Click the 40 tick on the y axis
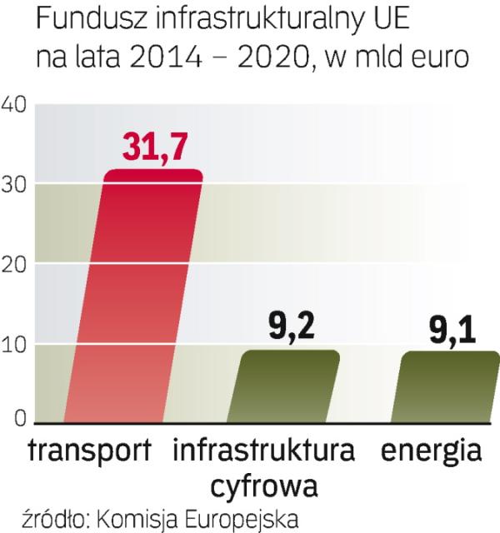tap(16, 104)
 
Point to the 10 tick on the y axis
tap(16, 343)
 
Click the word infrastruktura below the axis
tap(263, 451)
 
